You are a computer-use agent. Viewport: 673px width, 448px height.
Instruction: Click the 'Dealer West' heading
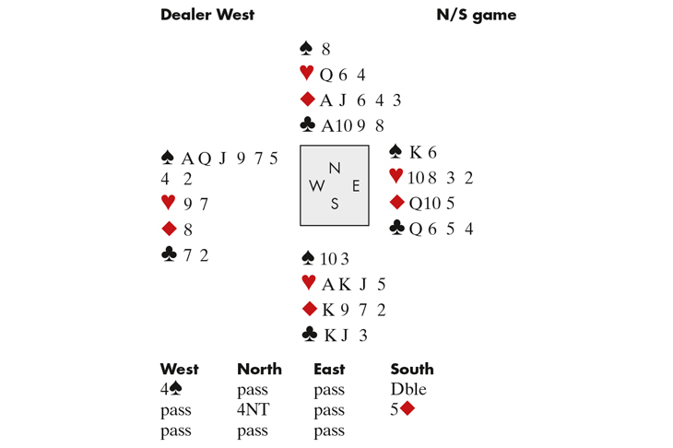[207, 15]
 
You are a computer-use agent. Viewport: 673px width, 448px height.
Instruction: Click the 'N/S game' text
[476, 15]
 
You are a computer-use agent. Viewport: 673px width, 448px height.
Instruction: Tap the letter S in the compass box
[335, 205]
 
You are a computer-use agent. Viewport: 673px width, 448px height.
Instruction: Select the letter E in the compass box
[355, 185]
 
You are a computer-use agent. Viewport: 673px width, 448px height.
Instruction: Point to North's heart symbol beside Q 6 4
[307, 76]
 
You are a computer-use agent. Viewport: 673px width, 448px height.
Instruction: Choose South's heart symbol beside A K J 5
[308, 284]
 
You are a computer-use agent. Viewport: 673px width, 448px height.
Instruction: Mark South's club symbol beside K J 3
[308, 335]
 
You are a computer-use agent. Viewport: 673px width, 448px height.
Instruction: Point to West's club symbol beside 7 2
[168, 255]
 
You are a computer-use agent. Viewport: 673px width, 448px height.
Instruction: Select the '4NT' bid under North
[252, 410]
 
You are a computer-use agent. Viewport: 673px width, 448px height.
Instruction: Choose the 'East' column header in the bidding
[328, 370]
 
